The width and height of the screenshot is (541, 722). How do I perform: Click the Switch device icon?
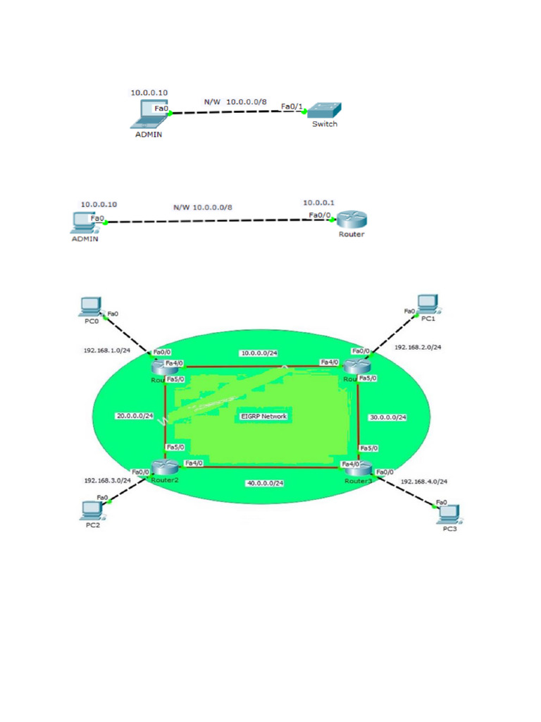tap(325, 111)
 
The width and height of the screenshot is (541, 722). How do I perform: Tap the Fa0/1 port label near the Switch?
tap(291, 106)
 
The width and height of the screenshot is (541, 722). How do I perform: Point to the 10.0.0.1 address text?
tap(318, 203)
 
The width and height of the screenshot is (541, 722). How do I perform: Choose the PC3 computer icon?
tap(448, 513)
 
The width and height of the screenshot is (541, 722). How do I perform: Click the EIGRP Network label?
tap(264, 417)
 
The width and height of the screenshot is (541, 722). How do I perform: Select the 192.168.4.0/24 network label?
tap(424, 482)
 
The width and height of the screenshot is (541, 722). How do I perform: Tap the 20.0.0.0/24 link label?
tap(135, 416)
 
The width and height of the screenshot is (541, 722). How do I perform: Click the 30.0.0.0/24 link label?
tap(388, 417)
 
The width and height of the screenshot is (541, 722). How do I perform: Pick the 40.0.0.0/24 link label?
tap(265, 483)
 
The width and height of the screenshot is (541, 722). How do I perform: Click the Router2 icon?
tap(163, 467)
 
